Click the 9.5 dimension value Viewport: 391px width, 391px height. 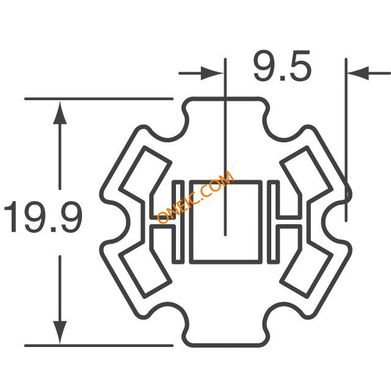coord(282,66)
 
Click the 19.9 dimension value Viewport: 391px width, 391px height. coord(43,216)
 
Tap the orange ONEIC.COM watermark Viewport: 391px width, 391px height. coord(195,197)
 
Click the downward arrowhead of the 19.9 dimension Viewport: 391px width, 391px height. coord(60,332)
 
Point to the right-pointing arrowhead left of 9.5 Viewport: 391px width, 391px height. coord(211,73)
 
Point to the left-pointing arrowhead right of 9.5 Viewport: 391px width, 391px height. coord(358,73)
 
